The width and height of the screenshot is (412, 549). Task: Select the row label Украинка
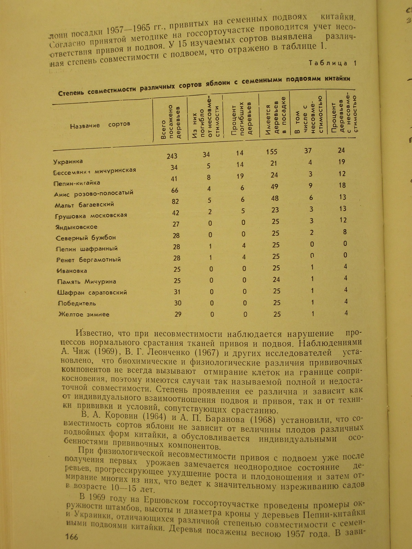[x=68, y=161]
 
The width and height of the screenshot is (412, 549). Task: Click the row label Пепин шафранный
[x=87, y=248]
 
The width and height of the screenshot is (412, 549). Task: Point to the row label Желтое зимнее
[x=84, y=314]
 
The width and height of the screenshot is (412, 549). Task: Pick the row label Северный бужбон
[x=85, y=237]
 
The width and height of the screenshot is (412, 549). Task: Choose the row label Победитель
[x=77, y=303]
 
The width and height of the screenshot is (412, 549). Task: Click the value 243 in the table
[x=172, y=156]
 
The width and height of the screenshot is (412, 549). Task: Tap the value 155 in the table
[x=272, y=152]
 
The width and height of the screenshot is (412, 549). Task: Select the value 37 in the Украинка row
[x=308, y=151]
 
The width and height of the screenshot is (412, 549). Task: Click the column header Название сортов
[x=100, y=125]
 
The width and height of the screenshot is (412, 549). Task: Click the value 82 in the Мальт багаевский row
[x=175, y=201]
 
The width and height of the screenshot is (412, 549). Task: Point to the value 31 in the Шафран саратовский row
[x=177, y=292]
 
